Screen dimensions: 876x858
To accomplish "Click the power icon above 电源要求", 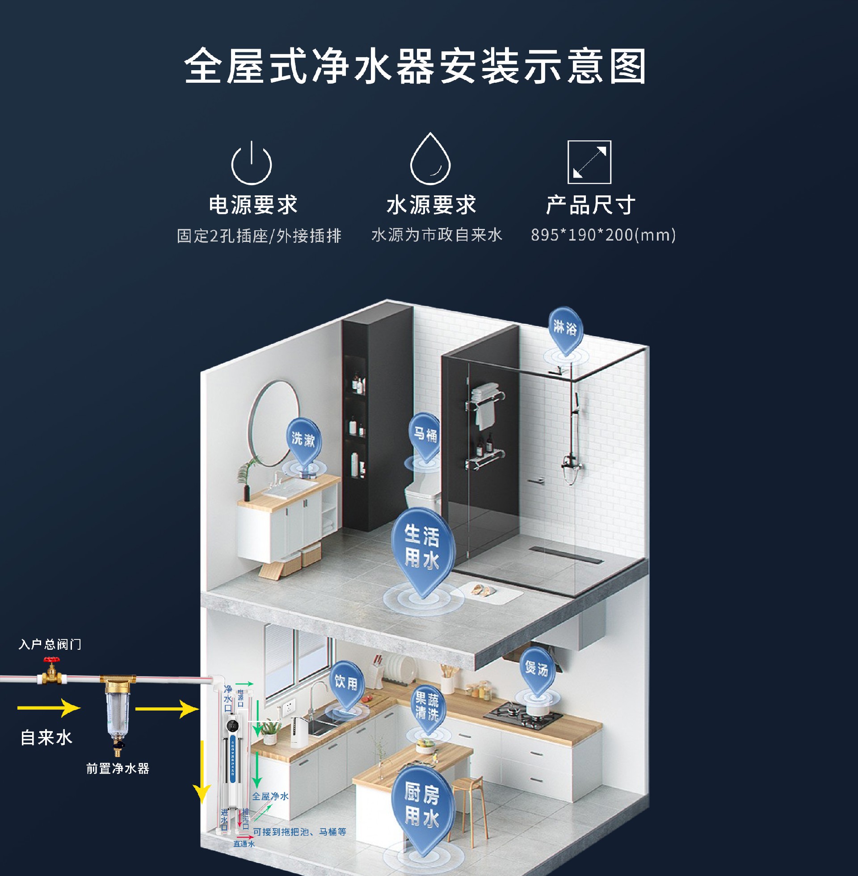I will (252, 163).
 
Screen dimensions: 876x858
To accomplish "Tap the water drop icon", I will (430, 160).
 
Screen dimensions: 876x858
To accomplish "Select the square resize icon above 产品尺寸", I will (589, 162).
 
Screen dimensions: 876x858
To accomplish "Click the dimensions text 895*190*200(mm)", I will (603, 235).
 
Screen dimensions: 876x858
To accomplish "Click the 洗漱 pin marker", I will (303, 439).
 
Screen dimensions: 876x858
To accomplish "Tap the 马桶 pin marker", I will (425, 435).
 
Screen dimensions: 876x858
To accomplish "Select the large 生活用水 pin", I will (422, 546).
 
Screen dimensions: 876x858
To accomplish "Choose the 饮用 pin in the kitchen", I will (346, 682).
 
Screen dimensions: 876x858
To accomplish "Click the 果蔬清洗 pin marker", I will (427, 706).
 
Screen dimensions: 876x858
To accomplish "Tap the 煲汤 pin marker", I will (536, 669).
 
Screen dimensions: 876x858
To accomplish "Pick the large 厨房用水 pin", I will (422, 805).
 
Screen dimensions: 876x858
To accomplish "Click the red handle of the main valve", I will (51, 660).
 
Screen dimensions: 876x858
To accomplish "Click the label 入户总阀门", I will (50, 644).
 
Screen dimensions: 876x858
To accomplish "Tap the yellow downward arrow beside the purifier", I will (202, 771).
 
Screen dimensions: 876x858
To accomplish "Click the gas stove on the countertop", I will (523, 714).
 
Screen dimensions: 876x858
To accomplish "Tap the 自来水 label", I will (46, 738).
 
